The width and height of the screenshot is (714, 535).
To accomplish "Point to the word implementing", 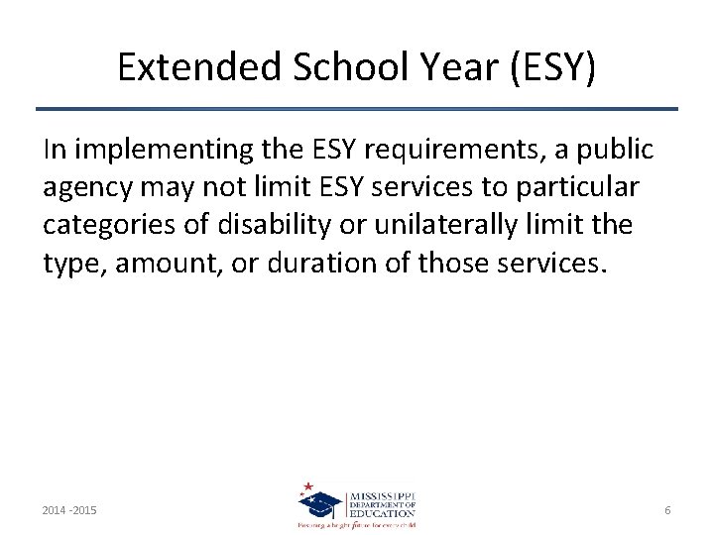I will coord(150,150).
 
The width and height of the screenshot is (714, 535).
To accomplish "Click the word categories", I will coord(109,225).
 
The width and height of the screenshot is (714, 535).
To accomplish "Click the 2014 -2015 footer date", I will coord(70,510).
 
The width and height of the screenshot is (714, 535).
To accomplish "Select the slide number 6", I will coord(667,510).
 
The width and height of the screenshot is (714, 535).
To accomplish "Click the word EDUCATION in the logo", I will coord(382,512).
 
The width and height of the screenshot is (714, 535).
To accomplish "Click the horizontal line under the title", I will coord(357,108).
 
